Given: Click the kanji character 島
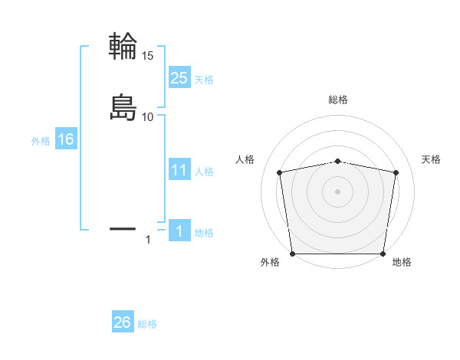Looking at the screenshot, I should (x=123, y=107).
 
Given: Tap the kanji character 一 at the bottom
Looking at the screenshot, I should (x=123, y=228).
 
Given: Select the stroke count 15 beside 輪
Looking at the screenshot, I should (x=147, y=56).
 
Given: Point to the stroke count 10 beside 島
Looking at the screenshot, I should (x=147, y=117).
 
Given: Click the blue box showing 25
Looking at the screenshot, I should (x=179, y=78).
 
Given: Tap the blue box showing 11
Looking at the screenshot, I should (x=179, y=170).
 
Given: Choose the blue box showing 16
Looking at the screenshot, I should (x=65, y=140).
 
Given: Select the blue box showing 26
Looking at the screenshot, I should (x=123, y=322).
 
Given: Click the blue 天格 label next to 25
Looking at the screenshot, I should (x=204, y=80).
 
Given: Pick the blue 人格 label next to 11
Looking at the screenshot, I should (x=204, y=172).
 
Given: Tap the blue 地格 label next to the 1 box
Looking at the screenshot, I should (x=204, y=233).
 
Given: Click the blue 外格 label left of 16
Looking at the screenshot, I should (x=41, y=141).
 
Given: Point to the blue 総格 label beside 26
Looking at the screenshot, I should (x=147, y=324).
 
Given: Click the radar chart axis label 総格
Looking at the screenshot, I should (x=338, y=100).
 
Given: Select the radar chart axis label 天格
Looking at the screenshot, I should (x=432, y=159).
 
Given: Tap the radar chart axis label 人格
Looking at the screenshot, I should (x=245, y=159).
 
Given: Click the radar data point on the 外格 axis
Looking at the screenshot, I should (x=292, y=254).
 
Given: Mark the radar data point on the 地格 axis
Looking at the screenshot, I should (x=383, y=254).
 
